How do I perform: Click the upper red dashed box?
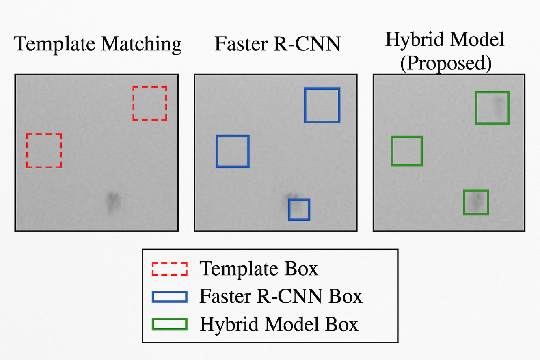pos(150,103)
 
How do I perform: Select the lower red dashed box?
pos(44,151)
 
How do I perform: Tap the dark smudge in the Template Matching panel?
pos(112,201)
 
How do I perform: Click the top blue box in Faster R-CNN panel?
pos(322,105)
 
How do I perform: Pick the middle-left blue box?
pos(233,151)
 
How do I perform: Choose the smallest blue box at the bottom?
pos(299,209)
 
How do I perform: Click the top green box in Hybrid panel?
pos(492,108)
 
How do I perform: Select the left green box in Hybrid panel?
pos(407,151)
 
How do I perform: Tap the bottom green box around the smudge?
pos(476,202)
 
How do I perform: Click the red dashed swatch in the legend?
pos(169,269)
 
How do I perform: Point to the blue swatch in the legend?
pos(169,297)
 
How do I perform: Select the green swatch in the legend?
pos(169,324)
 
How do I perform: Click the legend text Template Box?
pos(259,268)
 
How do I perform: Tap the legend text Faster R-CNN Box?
pos(281,297)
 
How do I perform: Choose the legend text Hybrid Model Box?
pos(279,325)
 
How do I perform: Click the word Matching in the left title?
pos(141,44)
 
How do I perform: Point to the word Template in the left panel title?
pos(56,43)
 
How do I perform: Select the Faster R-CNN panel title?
pos(277,43)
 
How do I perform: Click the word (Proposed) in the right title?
pos(446,63)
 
